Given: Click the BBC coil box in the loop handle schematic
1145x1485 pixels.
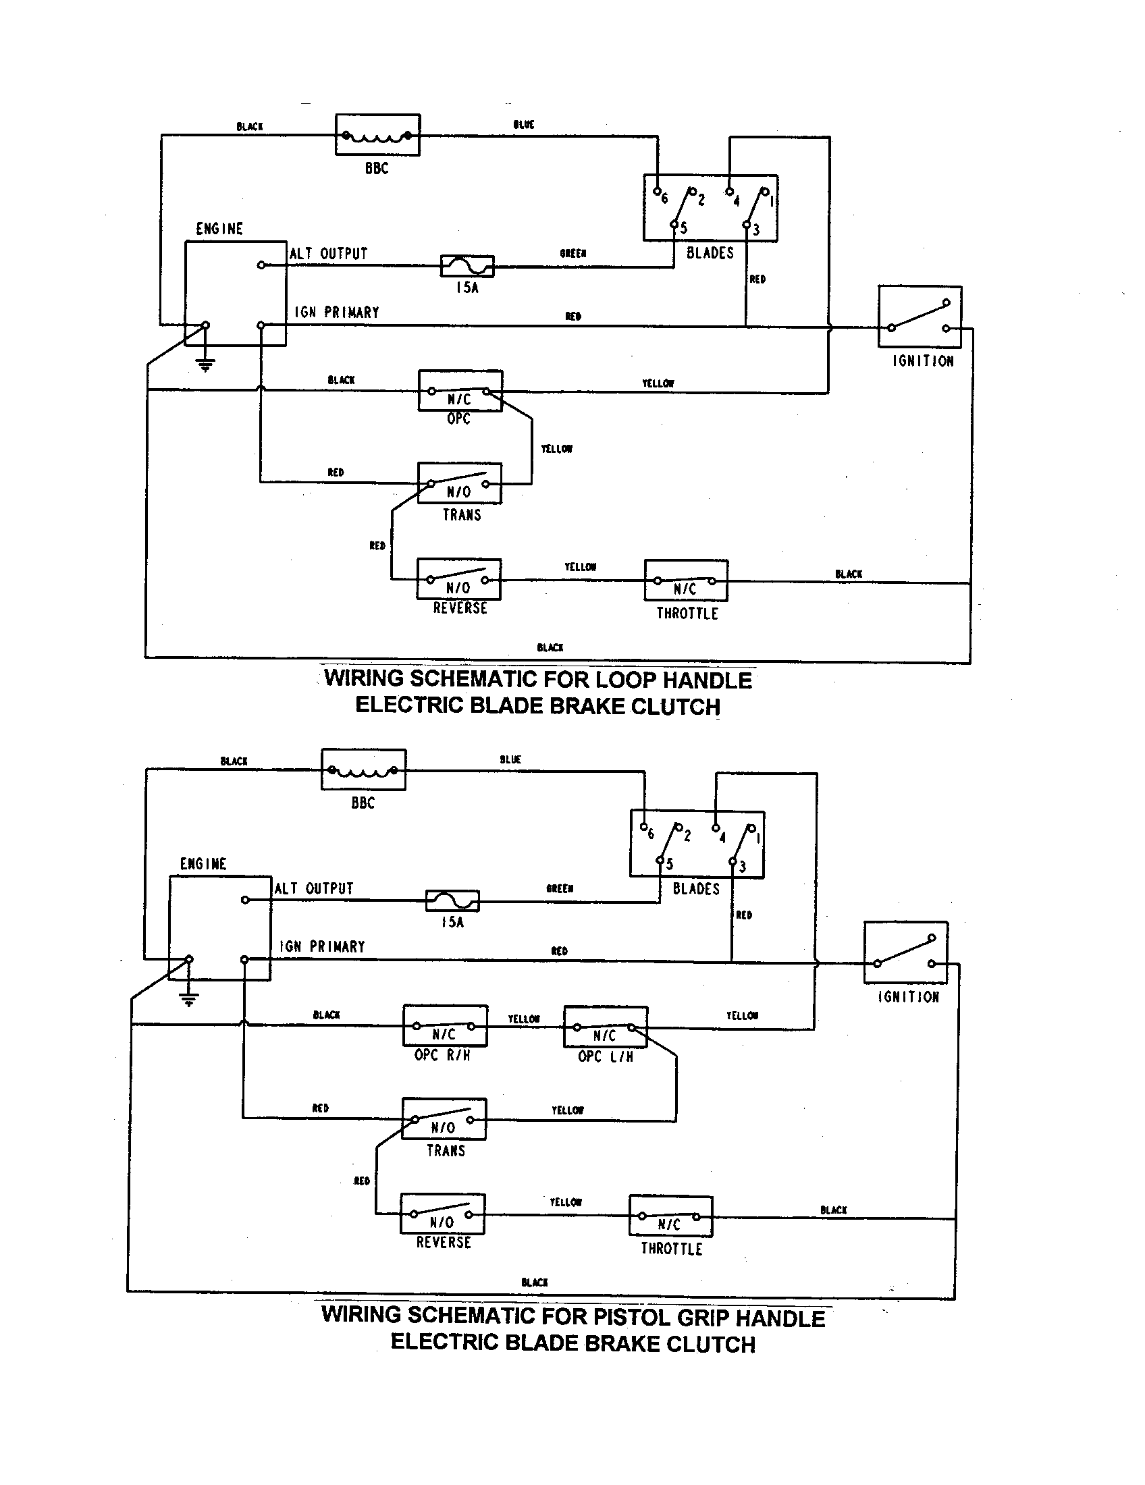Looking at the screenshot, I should [x=377, y=135].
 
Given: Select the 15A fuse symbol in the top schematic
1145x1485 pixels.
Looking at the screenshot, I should [x=467, y=266].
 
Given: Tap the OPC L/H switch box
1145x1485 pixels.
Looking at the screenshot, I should [x=605, y=1027].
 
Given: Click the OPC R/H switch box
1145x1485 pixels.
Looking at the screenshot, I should [x=445, y=1026].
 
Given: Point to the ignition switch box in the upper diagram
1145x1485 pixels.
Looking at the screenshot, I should [x=920, y=317].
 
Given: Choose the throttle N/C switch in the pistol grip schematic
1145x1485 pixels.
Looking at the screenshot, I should [x=670, y=1216].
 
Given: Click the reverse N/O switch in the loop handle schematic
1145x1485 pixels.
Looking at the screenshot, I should [x=459, y=579].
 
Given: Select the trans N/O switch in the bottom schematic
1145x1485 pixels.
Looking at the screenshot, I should [x=444, y=1119].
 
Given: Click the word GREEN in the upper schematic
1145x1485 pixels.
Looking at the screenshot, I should [x=572, y=254].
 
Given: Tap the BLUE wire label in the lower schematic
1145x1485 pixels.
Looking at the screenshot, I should [x=510, y=759].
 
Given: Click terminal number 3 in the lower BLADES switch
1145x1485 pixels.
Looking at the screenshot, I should [x=742, y=867].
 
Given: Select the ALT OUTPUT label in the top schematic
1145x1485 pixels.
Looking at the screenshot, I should [x=328, y=254].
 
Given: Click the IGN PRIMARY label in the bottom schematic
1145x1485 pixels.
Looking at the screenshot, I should [x=321, y=946].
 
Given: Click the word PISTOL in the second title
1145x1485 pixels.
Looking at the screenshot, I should [x=632, y=1316].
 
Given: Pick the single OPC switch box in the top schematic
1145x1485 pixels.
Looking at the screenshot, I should [x=460, y=391].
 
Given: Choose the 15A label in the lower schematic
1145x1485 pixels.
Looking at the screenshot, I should [x=452, y=923].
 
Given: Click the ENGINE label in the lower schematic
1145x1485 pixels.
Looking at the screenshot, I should [x=203, y=863].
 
